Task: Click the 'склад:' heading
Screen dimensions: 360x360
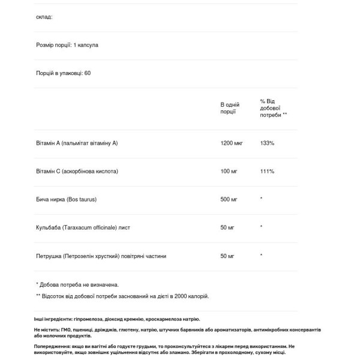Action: pyautogui.click(x=44, y=17)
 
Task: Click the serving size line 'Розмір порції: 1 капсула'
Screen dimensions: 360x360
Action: pyautogui.click(x=67, y=45)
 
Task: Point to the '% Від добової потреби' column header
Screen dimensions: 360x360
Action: pyautogui.click(x=273, y=107)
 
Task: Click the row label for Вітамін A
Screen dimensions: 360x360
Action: pyautogui.click(x=77, y=143)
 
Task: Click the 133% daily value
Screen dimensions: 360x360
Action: pyautogui.click(x=267, y=143)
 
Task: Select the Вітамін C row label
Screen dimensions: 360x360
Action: pyautogui.click(x=77, y=171)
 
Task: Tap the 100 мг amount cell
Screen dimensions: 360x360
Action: pyautogui.click(x=229, y=171)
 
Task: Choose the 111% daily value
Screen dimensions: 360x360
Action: pyautogui.click(x=267, y=171)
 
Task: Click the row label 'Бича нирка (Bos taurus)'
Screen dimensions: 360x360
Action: pyautogui.click(x=66, y=199)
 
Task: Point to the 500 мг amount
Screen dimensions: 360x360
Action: pyautogui.click(x=229, y=199)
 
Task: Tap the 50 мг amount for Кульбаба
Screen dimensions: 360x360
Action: pyautogui.click(x=227, y=227)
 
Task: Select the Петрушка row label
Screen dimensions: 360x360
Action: pyautogui.click(x=101, y=256)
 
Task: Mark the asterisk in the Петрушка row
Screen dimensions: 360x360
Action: pyautogui.click(x=261, y=256)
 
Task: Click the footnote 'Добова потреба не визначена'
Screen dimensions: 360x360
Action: pyautogui.click(x=79, y=284)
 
